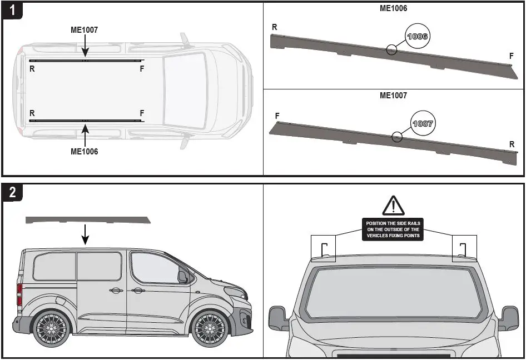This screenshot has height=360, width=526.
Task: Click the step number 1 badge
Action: click(12, 11)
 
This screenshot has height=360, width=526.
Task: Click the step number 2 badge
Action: click(12, 192)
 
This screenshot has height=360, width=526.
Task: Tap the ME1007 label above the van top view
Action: click(85, 30)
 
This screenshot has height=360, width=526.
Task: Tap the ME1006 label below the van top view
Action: click(85, 151)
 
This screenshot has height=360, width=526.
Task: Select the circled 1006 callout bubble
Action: click(417, 36)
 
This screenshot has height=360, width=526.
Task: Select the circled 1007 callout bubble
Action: click(423, 123)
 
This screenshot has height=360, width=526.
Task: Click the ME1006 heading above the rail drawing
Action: click(393, 8)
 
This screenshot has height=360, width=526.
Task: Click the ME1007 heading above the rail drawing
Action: click(393, 96)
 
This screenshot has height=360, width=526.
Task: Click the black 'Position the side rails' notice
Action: click(393, 229)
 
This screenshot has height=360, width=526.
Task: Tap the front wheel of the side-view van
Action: click(210, 328)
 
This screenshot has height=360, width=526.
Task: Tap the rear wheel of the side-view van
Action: click(52, 328)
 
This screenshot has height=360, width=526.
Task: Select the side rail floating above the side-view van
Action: click(88, 220)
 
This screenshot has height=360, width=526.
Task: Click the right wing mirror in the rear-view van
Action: click(509, 318)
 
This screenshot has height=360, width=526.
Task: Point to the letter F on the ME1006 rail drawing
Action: click(512, 56)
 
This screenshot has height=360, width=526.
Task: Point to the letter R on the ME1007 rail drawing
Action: click(512, 144)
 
